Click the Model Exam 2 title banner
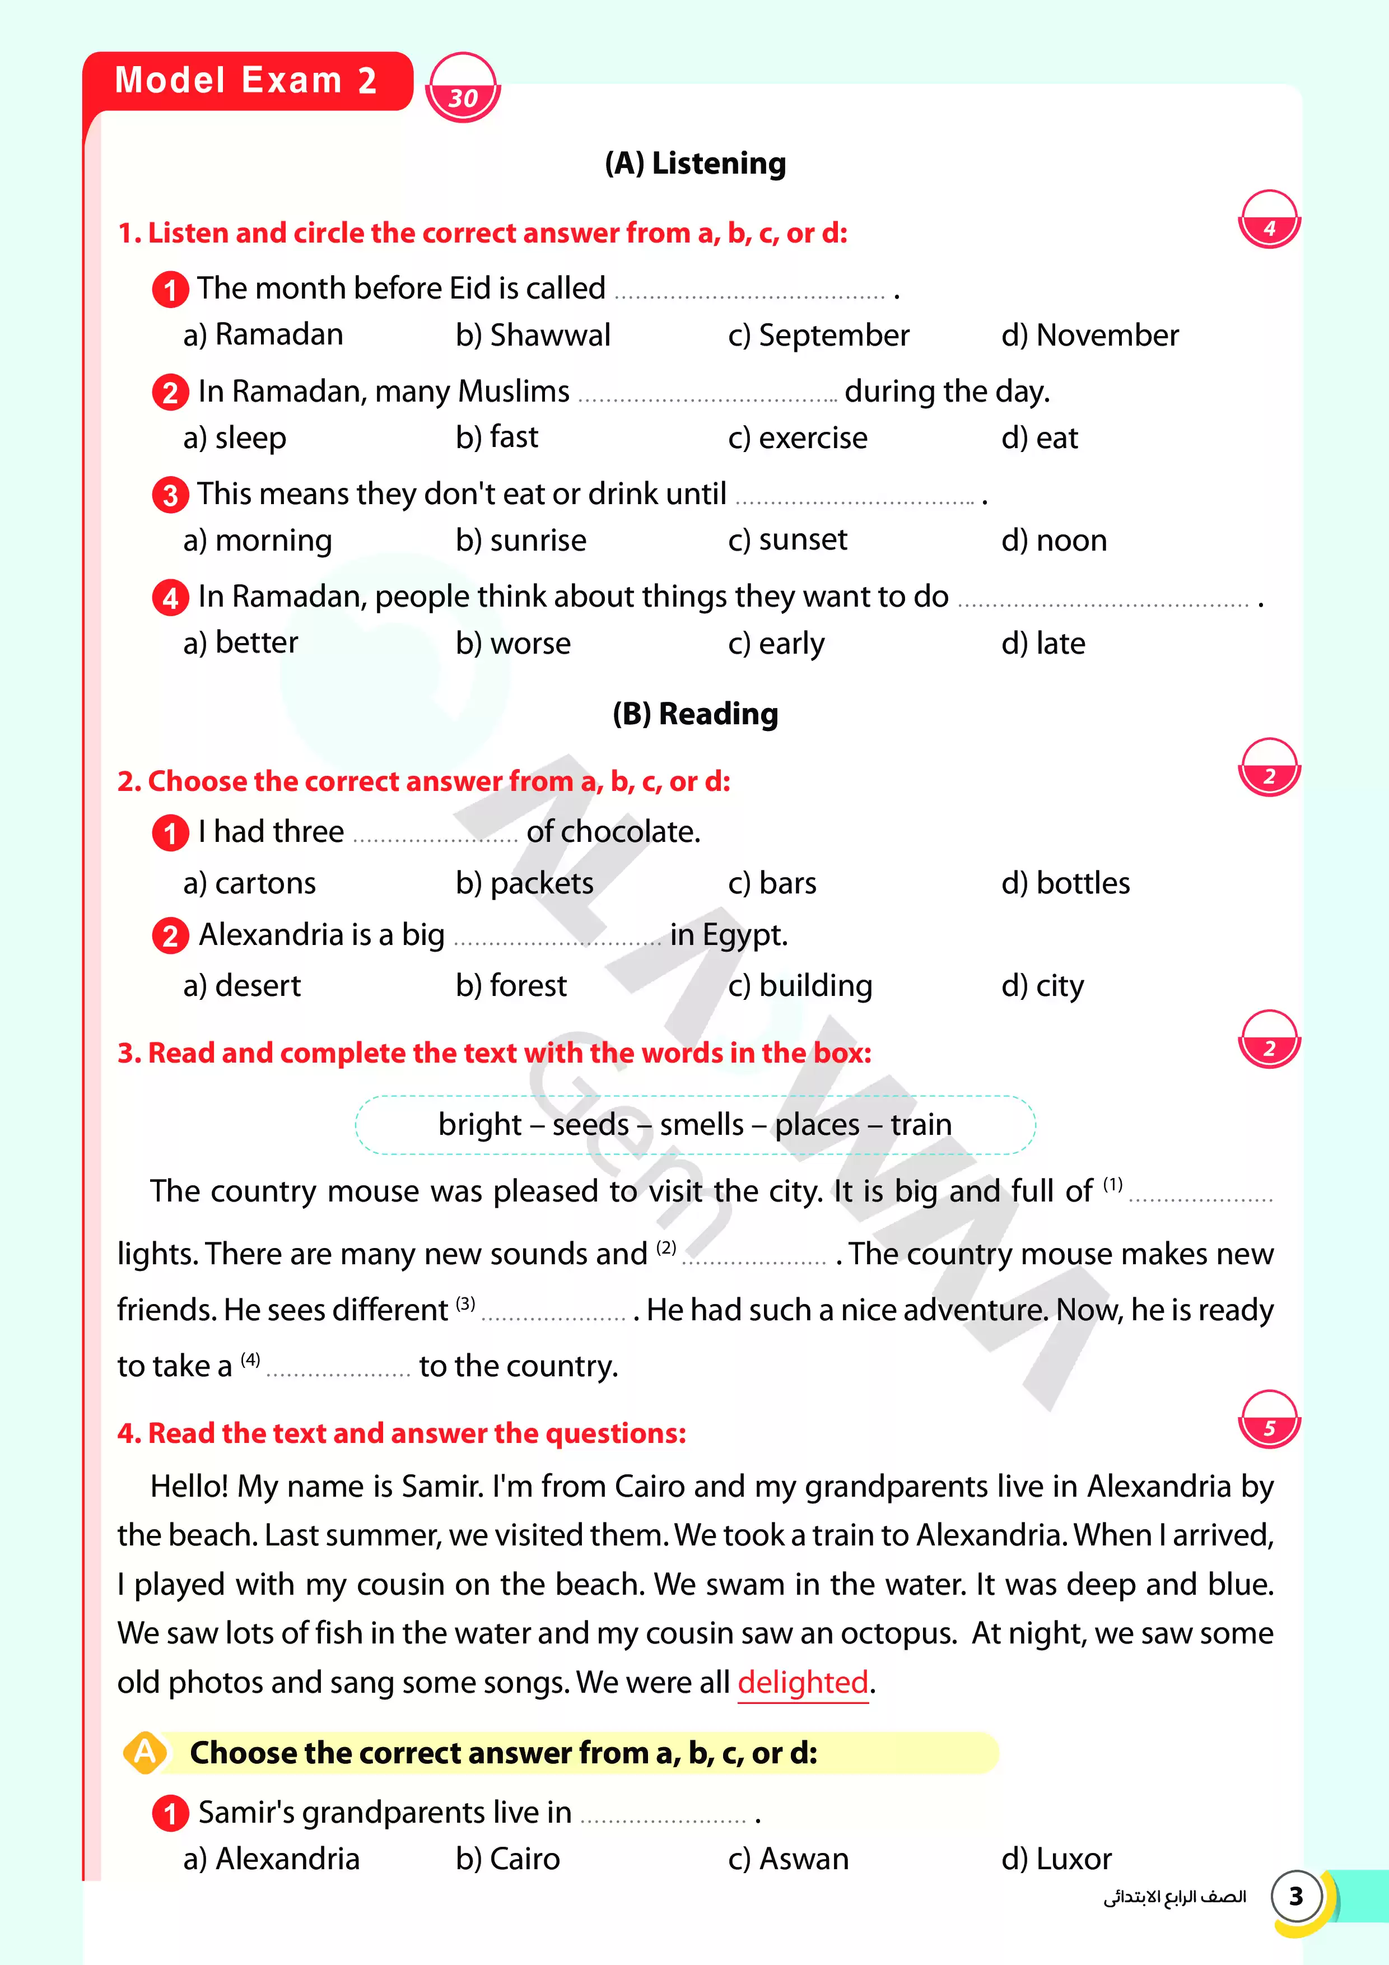coord(246,81)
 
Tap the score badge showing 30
coord(462,89)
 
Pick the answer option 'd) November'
coord(1089,334)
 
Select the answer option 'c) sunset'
coord(787,540)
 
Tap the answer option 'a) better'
coord(240,642)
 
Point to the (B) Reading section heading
coord(695,713)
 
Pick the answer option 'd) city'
coord(1042,986)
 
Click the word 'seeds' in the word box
coord(590,1124)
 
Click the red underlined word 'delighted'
coord(803,1683)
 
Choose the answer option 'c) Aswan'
coord(788,1859)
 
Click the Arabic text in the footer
coord(1174,1897)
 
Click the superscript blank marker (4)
coord(250,1359)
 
